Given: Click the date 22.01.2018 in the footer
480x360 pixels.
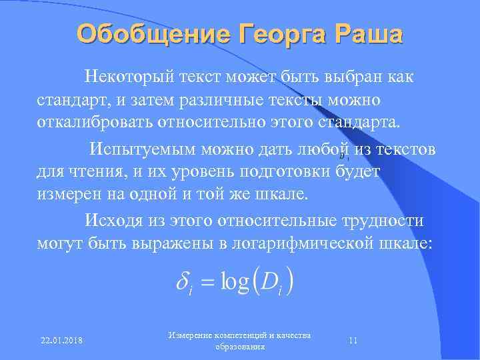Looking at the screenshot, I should pyautogui.click(x=56, y=340).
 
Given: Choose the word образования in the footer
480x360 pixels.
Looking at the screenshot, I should pyautogui.click(x=240, y=347).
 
